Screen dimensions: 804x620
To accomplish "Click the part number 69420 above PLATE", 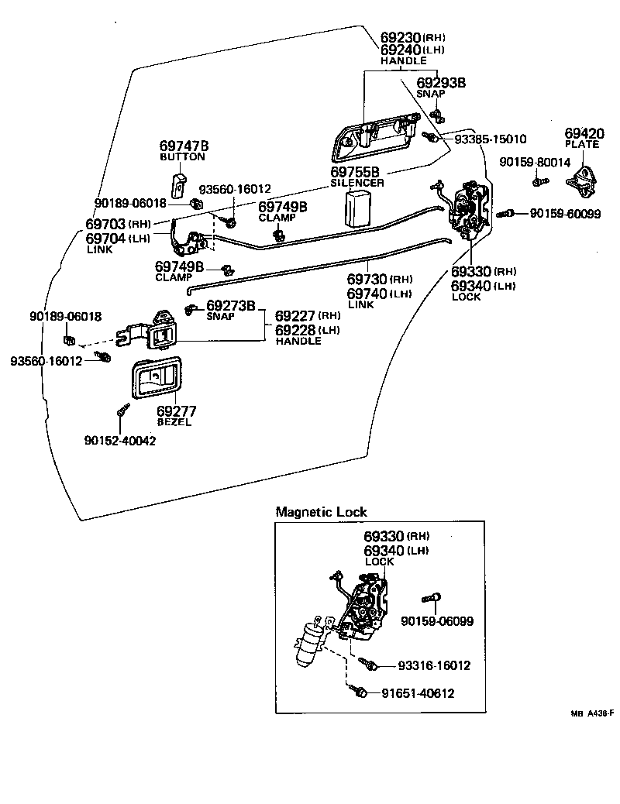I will (x=584, y=133).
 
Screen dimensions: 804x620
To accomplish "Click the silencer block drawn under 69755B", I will (x=358, y=209).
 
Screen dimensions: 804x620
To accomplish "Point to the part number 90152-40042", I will (x=120, y=441).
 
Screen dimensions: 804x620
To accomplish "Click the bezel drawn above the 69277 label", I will (x=157, y=379).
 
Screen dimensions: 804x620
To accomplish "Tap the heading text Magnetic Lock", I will (x=321, y=512).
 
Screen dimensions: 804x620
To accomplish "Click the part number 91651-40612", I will (x=417, y=693).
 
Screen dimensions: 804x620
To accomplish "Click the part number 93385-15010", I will (x=491, y=139).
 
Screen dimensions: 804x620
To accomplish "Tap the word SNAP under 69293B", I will (x=431, y=93).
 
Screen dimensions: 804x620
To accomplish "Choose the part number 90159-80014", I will (x=535, y=163).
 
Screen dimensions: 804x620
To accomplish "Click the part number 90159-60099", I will (x=565, y=214).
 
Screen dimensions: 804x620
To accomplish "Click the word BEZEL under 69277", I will (x=174, y=422).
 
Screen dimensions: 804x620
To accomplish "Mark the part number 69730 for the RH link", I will (x=367, y=280).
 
